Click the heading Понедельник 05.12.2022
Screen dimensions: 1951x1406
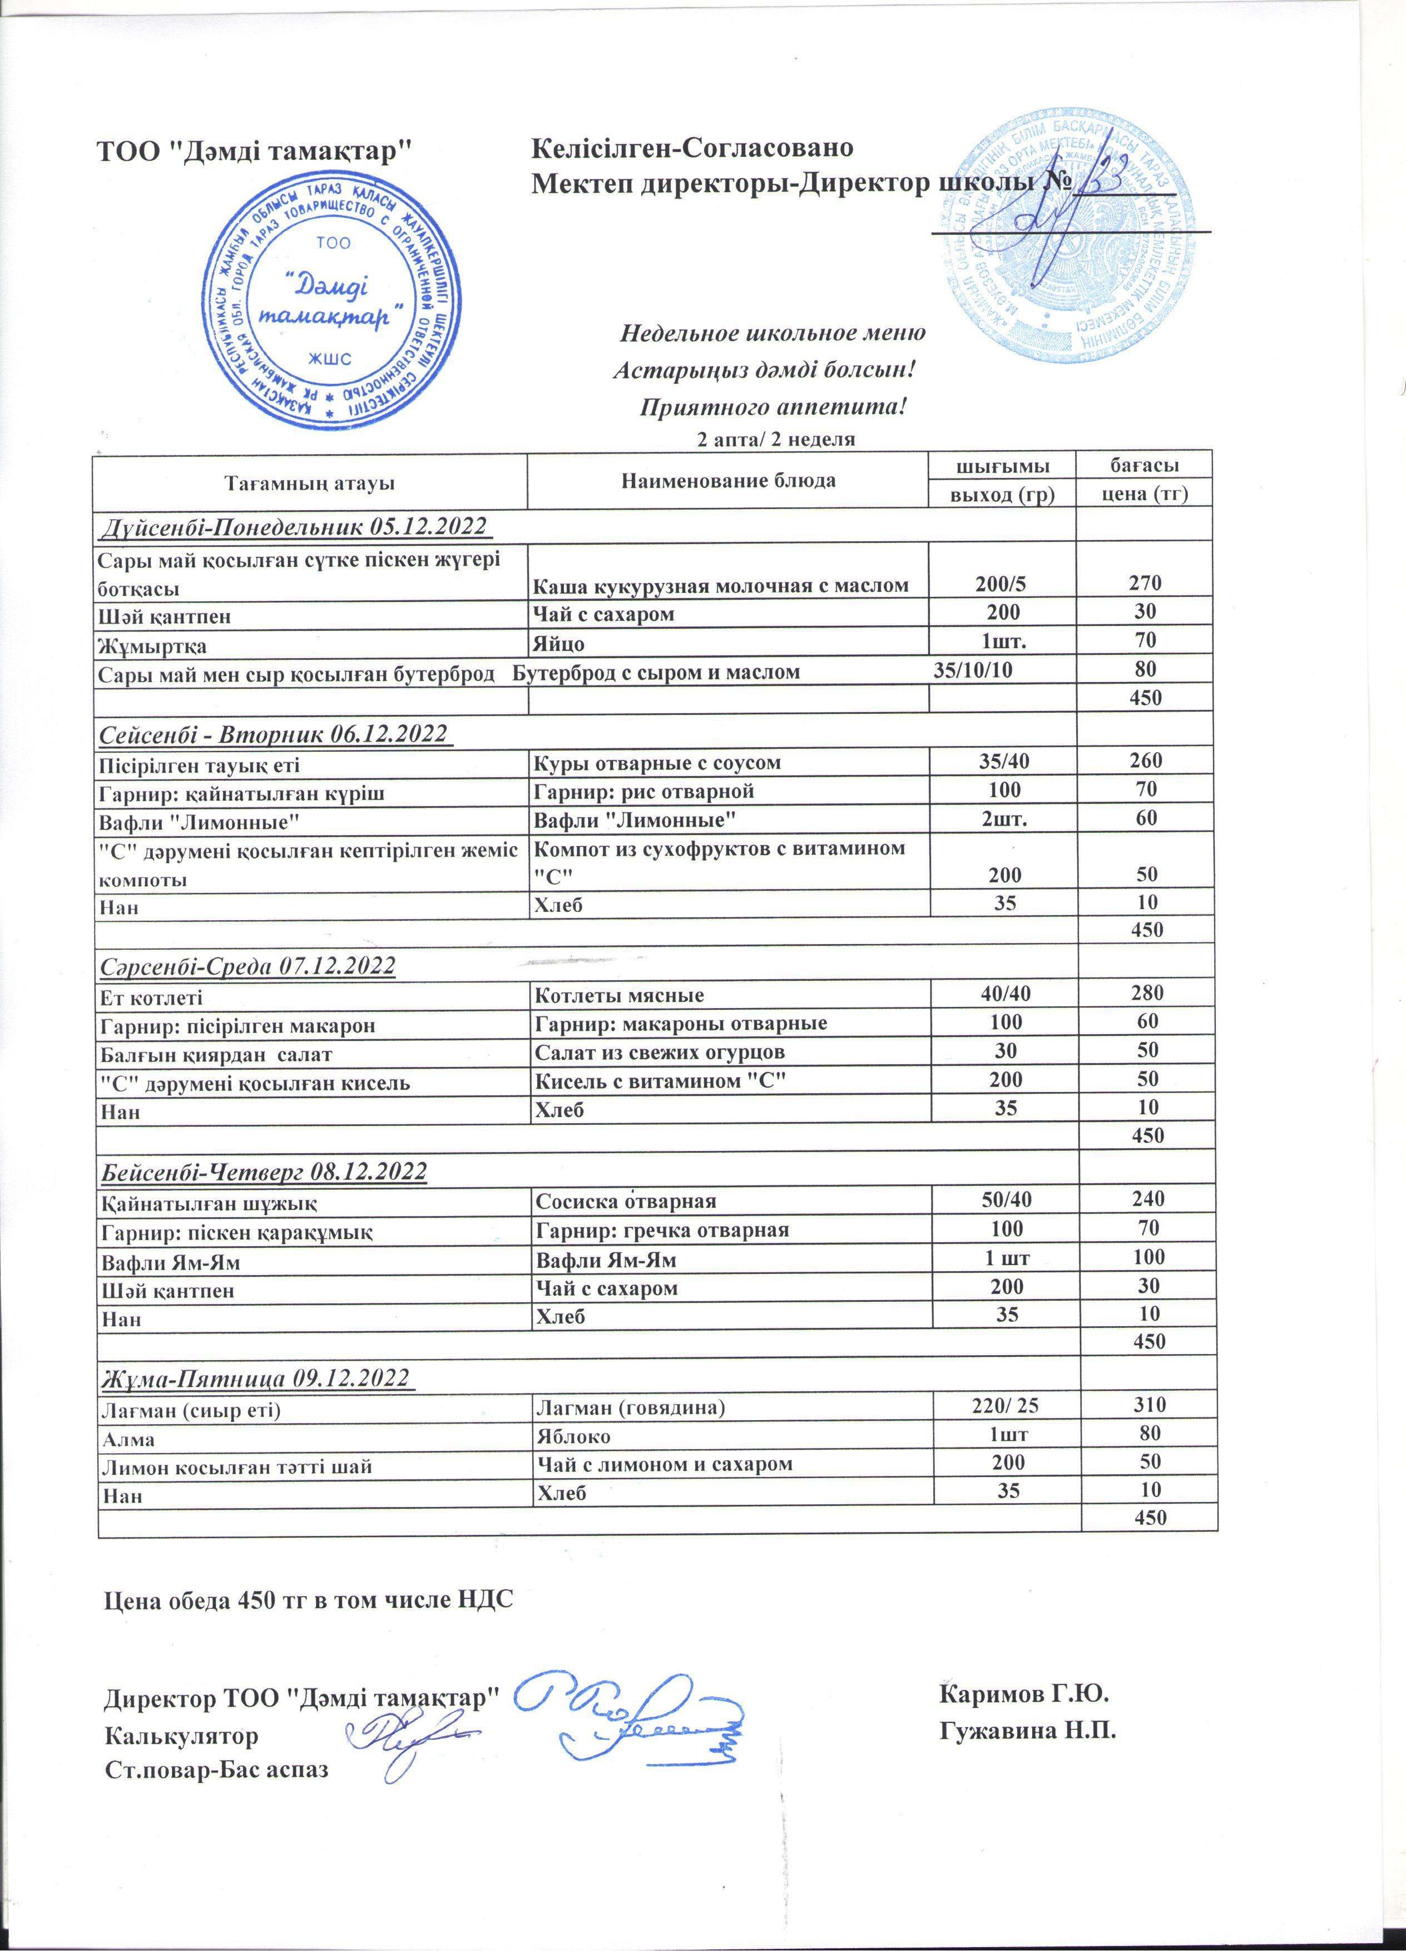pyautogui.click(x=295, y=526)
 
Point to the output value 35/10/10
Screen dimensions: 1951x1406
pyautogui.click(x=973, y=671)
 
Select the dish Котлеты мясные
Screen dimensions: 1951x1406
pyautogui.click(x=619, y=995)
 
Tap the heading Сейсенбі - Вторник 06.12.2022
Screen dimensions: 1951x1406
pyautogui.click(x=274, y=734)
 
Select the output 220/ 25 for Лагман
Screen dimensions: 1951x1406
pyautogui.click(x=1005, y=1406)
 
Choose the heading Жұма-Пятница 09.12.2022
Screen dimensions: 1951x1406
pyautogui.click(x=255, y=1377)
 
